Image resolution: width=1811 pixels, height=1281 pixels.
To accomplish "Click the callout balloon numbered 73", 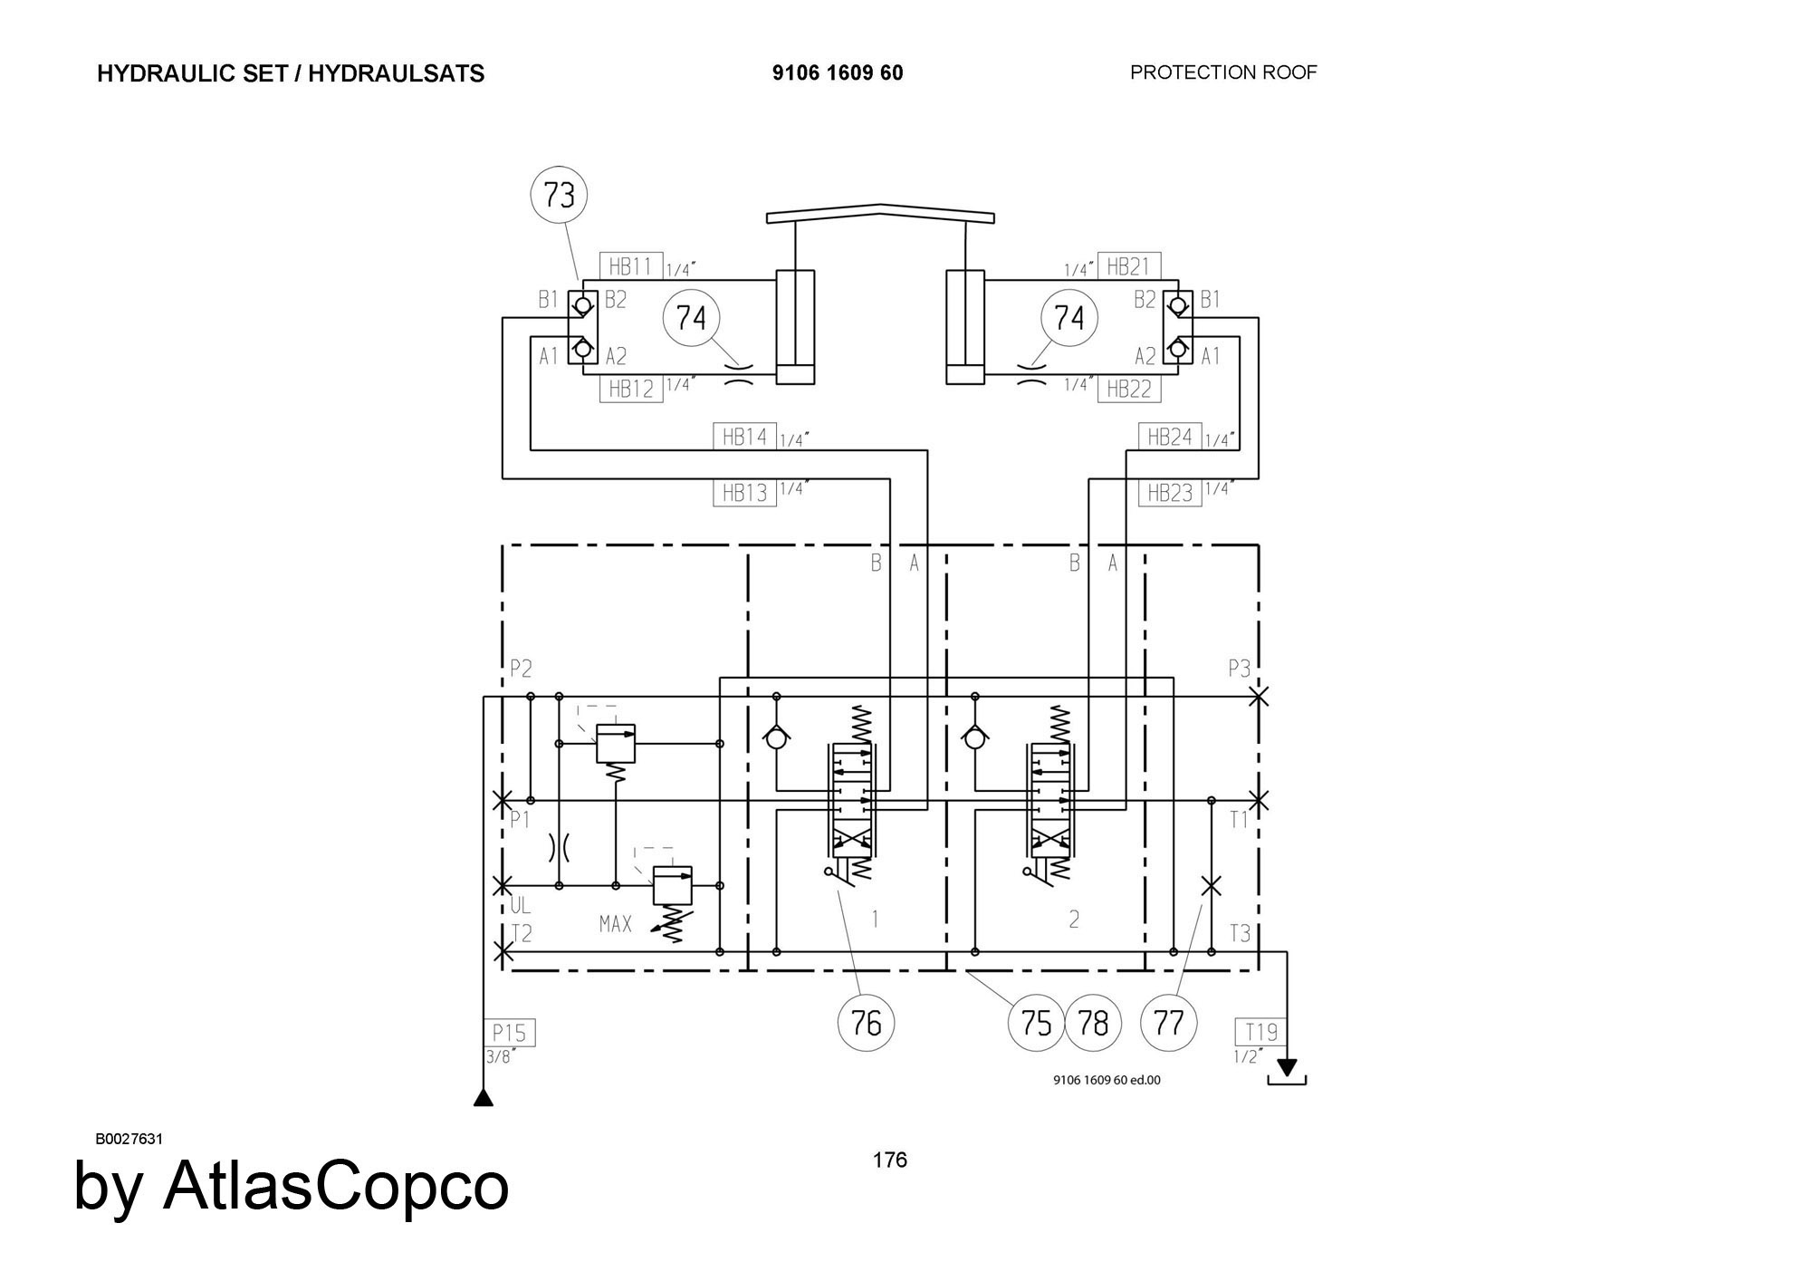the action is [x=560, y=195].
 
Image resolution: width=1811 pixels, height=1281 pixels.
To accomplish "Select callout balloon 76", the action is [x=867, y=1023].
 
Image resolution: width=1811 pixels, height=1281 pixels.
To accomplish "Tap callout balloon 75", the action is [x=1036, y=1023].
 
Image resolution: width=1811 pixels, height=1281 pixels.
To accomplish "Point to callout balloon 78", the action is [x=1093, y=1023].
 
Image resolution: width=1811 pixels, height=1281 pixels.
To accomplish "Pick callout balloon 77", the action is [x=1169, y=1023].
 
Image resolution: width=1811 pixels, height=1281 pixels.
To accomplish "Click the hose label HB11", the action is [x=631, y=266].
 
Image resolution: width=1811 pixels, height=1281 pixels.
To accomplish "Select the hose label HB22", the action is [x=1129, y=390].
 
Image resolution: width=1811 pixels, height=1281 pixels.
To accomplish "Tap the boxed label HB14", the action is [x=744, y=437].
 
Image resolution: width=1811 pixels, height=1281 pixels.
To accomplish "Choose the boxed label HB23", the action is [x=1170, y=493].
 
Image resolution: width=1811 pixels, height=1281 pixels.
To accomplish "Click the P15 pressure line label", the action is [x=509, y=1033].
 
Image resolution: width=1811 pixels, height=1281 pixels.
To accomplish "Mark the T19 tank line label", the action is [x=1260, y=1032].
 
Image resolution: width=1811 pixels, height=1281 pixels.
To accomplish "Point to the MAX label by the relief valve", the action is [x=616, y=924].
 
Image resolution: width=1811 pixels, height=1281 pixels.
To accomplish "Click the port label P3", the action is [x=1239, y=669].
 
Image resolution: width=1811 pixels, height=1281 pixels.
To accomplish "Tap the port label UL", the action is [x=521, y=906].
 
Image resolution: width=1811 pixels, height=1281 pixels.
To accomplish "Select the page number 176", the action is [x=889, y=1161].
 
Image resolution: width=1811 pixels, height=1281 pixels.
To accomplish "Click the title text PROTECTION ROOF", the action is [x=1223, y=72].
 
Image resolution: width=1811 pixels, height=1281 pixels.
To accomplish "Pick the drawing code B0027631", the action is [x=129, y=1139].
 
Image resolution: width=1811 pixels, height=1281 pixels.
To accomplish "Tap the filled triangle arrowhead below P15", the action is [x=484, y=1098].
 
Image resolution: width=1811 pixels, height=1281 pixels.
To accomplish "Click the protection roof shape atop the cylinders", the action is [x=880, y=213].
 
